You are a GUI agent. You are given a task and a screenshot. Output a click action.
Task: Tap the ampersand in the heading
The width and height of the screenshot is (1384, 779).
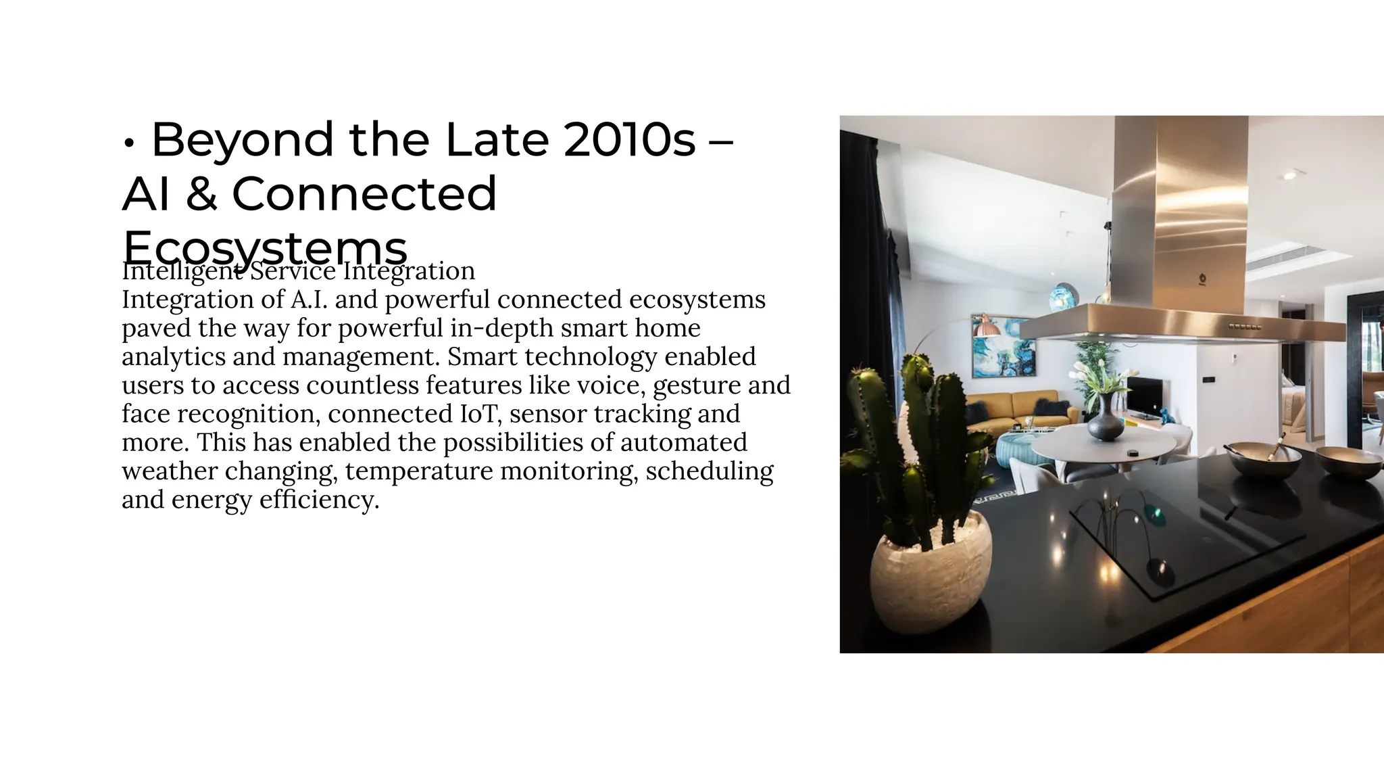tap(201, 194)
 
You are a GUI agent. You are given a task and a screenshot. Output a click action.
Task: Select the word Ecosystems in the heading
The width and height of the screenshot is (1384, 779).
tap(265, 247)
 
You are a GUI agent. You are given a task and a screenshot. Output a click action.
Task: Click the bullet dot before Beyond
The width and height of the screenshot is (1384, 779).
tap(129, 143)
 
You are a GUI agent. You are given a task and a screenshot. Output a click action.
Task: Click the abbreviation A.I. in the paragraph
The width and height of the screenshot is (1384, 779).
tap(308, 300)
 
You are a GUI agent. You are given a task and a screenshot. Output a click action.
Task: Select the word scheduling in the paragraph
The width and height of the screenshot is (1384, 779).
tap(709, 471)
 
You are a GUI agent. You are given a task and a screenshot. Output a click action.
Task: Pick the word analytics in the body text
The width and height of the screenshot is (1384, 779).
tap(173, 357)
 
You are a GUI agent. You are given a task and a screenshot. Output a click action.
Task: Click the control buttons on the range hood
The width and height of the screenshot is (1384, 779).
tap(1245, 327)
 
